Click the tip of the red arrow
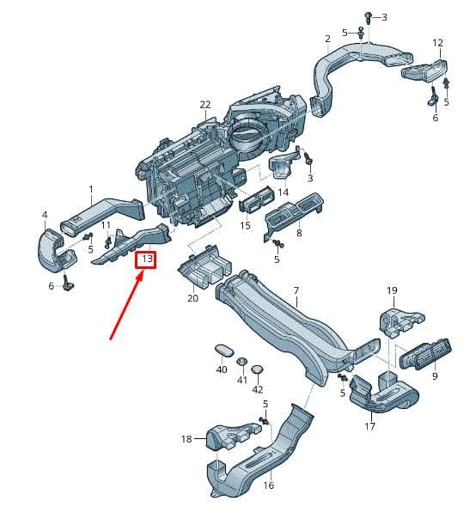pos(143,272)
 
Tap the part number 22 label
pos(205,105)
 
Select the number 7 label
pos(296,290)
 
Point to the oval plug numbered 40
pos(224,351)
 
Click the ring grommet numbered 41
pos(242,361)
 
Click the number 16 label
pos(268,485)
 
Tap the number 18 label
pos(186,439)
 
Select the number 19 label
pos(392,290)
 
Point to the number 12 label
pos(437,43)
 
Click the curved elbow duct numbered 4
pos(55,250)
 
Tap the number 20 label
pos(192,298)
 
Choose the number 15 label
pos(245,225)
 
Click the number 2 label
pos(327,39)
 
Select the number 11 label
pos(106,225)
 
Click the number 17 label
pos(369,426)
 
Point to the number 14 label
pos(283,192)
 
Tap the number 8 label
pos(299,233)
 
